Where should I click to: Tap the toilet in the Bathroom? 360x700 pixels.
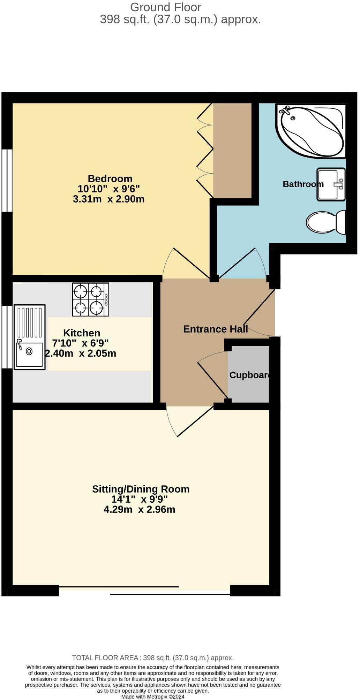pyautogui.click(x=326, y=222)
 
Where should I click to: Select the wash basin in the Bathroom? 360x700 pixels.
pyautogui.click(x=331, y=185)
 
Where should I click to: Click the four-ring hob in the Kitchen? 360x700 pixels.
pyautogui.click(x=90, y=299)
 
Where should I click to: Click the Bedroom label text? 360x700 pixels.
pyautogui.click(x=110, y=179)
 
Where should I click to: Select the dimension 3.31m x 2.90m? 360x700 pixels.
pyautogui.click(x=108, y=199)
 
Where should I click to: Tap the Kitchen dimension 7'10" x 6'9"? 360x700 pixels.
pyautogui.click(x=81, y=343)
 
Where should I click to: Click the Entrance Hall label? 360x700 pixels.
pyautogui.click(x=215, y=329)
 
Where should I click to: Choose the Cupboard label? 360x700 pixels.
pyautogui.click(x=250, y=375)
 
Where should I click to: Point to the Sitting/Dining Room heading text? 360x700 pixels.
pyautogui.click(x=141, y=489)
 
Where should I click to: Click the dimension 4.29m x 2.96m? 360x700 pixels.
pyautogui.click(x=139, y=510)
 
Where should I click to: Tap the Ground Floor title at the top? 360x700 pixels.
pyautogui.click(x=165, y=7)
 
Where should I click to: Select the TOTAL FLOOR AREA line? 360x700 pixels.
pyautogui.click(x=152, y=658)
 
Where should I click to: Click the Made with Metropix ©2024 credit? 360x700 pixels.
pyautogui.click(x=152, y=697)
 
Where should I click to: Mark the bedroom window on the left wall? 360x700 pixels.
pyautogui.click(x=7, y=180)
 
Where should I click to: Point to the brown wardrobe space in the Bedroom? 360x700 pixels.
pyautogui.click(x=232, y=150)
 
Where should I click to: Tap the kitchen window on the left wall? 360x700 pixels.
pyautogui.click(x=6, y=337)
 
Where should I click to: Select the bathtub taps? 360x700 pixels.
pyautogui.click(x=286, y=111)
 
